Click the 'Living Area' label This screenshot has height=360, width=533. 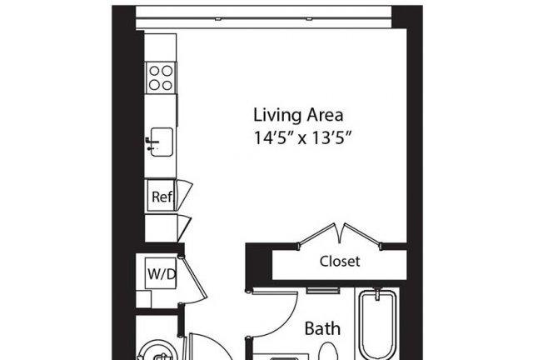pos(298,115)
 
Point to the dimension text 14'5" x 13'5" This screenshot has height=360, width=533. pos(302,138)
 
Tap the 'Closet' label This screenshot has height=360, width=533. pos(340,262)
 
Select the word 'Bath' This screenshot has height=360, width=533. pos(322,328)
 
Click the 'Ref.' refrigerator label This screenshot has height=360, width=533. pos(162,197)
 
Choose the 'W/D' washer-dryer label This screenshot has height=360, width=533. pos(162,273)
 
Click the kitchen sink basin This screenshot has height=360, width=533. pos(162,142)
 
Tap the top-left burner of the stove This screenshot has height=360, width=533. pos(154,71)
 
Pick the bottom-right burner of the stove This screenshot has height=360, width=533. pos(167,85)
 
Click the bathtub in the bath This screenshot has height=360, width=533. pos(377,324)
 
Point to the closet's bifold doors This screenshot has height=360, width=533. pos(340,236)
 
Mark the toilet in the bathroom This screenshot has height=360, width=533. pos(328,352)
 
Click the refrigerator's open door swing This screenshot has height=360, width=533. pos(184,195)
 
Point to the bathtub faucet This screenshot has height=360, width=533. pos(377,294)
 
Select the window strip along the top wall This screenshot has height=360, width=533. pos(264,17)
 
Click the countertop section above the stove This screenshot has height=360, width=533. pos(161,47)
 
